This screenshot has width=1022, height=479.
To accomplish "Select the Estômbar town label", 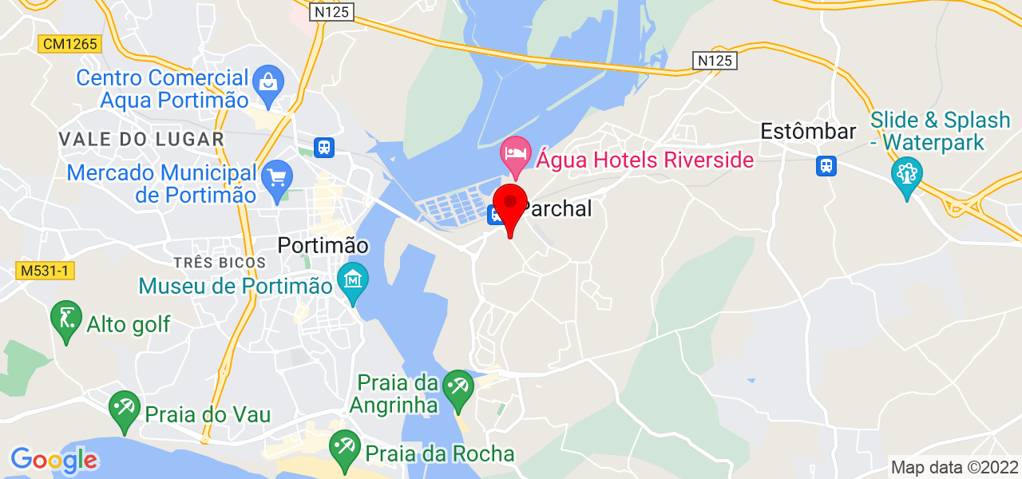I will click(x=808, y=132).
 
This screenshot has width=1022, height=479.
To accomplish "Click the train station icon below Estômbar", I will click(x=826, y=166).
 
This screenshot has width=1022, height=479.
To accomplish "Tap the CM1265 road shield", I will click(x=71, y=44).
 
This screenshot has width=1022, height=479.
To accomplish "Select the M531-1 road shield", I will click(x=45, y=271).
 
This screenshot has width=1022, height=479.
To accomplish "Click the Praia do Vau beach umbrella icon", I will click(x=124, y=409).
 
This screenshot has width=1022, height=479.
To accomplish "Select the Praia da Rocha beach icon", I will click(x=345, y=445).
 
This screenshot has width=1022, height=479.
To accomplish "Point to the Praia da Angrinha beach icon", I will click(x=458, y=387).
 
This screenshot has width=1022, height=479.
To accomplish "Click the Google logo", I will click(x=53, y=460).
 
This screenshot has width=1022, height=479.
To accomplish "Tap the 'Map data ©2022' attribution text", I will click(x=954, y=467).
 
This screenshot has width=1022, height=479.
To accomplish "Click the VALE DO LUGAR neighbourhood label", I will click(x=141, y=139).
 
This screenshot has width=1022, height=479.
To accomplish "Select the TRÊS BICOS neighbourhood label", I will click(x=219, y=262).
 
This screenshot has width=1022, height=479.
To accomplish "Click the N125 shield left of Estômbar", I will click(x=714, y=61).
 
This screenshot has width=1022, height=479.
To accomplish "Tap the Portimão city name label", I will click(x=323, y=246).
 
